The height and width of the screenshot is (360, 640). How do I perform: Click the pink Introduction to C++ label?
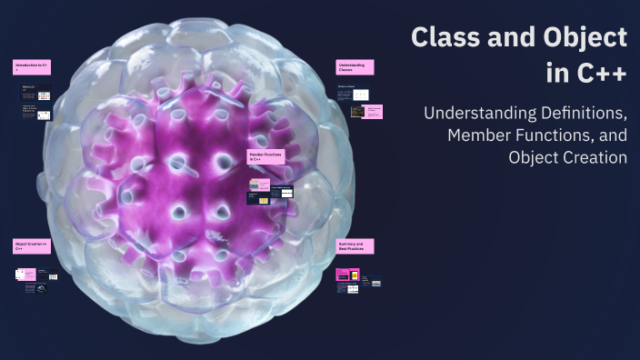click(x=31, y=67)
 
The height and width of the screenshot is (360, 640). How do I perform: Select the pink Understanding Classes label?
click(x=355, y=67)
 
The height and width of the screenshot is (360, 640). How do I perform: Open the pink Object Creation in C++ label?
click(x=31, y=245)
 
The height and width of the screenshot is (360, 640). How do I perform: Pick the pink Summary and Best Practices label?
click(x=355, y=245)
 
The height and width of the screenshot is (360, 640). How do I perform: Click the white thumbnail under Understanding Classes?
click(x=361, y=95)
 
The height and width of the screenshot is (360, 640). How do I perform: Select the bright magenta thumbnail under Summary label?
click(x=344, y=274)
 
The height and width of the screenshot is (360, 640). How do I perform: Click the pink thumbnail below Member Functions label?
click(x=265, y=182)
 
